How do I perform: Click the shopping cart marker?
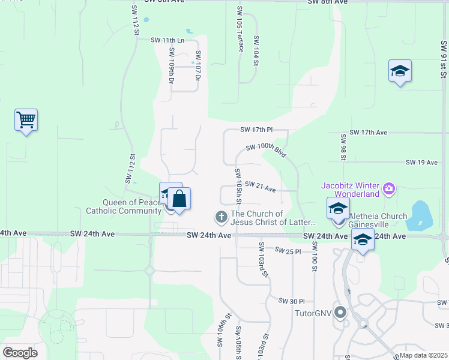26,120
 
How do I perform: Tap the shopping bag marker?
179,198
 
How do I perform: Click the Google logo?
20,353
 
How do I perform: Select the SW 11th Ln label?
167,40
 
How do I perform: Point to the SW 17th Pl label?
256,130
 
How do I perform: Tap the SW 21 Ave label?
261,187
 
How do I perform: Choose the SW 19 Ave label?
423,163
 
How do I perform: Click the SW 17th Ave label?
368,132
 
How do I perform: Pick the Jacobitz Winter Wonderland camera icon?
389,189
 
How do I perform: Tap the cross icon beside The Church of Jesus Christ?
221,216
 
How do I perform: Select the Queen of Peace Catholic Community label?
124,206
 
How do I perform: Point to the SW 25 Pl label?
288,251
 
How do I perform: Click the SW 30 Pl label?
292,301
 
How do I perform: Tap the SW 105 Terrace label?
240,29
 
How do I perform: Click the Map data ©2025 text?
423,355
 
